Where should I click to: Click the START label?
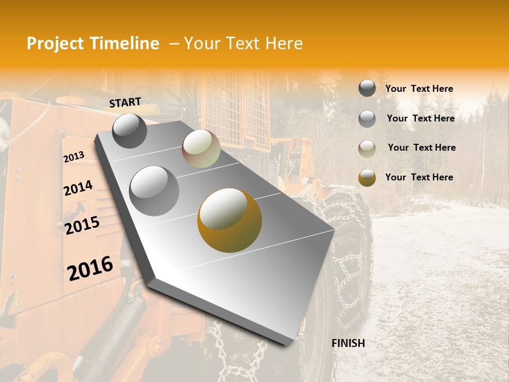pos(125,102)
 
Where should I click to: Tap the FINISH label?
pos(348,343)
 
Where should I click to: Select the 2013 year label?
pos(74,157)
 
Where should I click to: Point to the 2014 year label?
pos(78,188)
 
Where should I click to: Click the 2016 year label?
pos(90,268)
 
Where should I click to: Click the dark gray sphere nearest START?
pos(129,131)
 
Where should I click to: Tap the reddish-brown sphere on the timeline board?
pos(201,149)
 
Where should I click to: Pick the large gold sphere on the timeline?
pos(230,220)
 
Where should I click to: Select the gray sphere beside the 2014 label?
pos(154,190)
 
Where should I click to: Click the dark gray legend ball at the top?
pos(367,88)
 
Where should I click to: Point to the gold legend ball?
pos(367,178)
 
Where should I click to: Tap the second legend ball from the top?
pos(367,119)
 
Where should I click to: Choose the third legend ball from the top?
pos(367,149)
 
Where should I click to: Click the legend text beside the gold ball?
pos(419,177)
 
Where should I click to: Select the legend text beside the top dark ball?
pos(419,89)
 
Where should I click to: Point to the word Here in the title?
pos(284,44)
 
